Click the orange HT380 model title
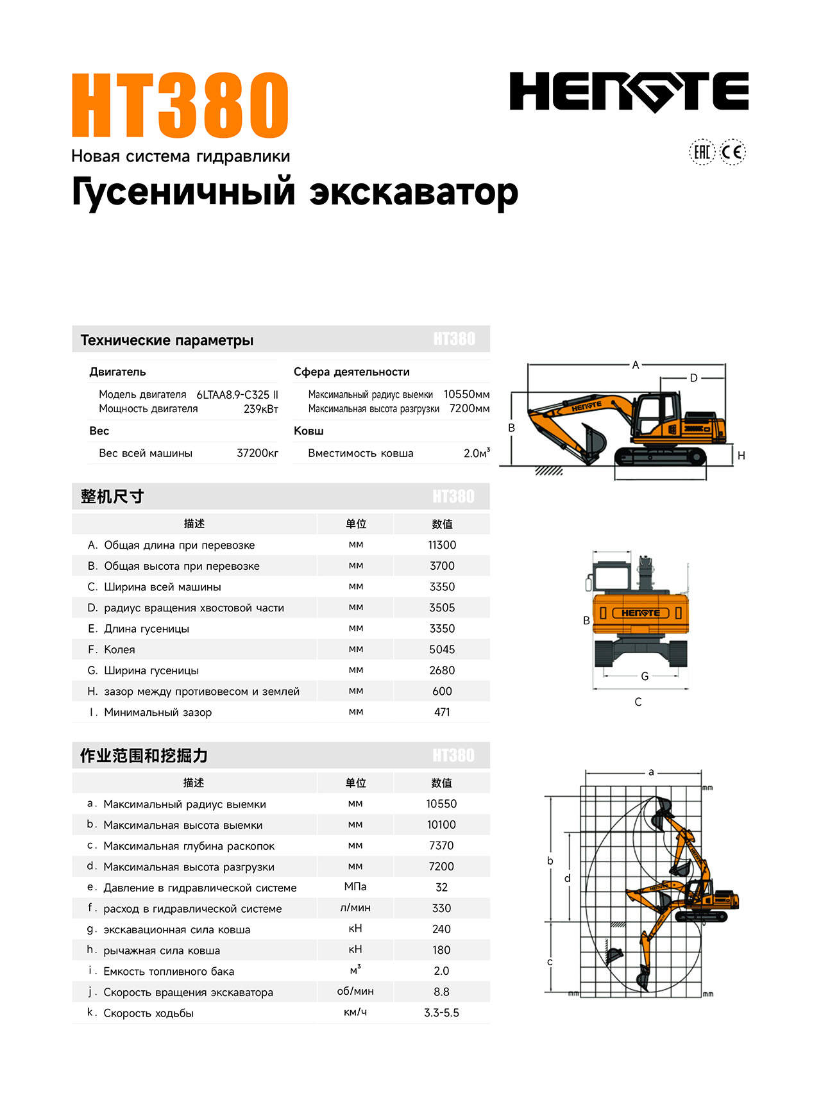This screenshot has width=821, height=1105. coord(180,105)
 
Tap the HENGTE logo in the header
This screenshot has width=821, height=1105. coord(629,92)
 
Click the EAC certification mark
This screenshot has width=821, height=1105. coord(702,152)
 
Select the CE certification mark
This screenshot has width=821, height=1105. coord(732,152)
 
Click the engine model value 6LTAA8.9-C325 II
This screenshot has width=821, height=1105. coord(237,395)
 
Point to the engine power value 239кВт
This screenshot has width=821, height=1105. coord(260,409)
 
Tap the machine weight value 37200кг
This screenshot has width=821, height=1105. coord(257,453)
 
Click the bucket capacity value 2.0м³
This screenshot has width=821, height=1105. coord(477,453)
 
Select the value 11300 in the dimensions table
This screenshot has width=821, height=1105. coord(442,545)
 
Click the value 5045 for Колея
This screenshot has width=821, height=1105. coord(442,649)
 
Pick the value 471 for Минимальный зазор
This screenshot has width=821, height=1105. coord(442,712)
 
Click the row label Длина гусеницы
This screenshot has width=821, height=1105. coord(146,629)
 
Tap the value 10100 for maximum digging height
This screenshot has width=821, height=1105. coord(441,825)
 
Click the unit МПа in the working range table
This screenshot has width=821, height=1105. coord(355,886)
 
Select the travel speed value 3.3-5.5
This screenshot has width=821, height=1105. coord(441,1013)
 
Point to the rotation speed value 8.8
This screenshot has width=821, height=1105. coord(441,992)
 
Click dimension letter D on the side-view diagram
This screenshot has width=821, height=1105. coord(693,378)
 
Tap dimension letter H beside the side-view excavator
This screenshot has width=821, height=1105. coord(741,456)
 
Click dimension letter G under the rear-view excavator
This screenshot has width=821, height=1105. coord(645,676)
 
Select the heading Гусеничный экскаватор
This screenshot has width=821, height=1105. coord(294,192)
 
